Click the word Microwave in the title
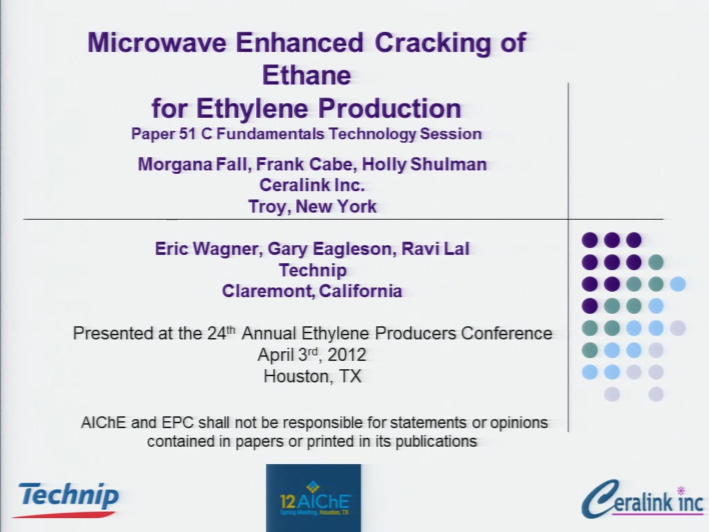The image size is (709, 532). point(157,42)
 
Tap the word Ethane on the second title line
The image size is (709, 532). point(307,75)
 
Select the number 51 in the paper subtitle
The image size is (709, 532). point(187,134)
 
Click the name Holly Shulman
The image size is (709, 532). point(424,163)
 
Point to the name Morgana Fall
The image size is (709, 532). point(195,163)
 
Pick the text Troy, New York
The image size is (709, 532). point(312,206)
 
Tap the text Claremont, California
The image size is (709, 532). point(312,291)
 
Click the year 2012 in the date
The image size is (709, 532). point(347,355)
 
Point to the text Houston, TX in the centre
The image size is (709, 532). point(312,376)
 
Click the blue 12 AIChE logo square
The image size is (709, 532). point(314,497)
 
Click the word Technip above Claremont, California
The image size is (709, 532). point(312,270)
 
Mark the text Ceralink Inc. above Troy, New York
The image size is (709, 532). point(312,185)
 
